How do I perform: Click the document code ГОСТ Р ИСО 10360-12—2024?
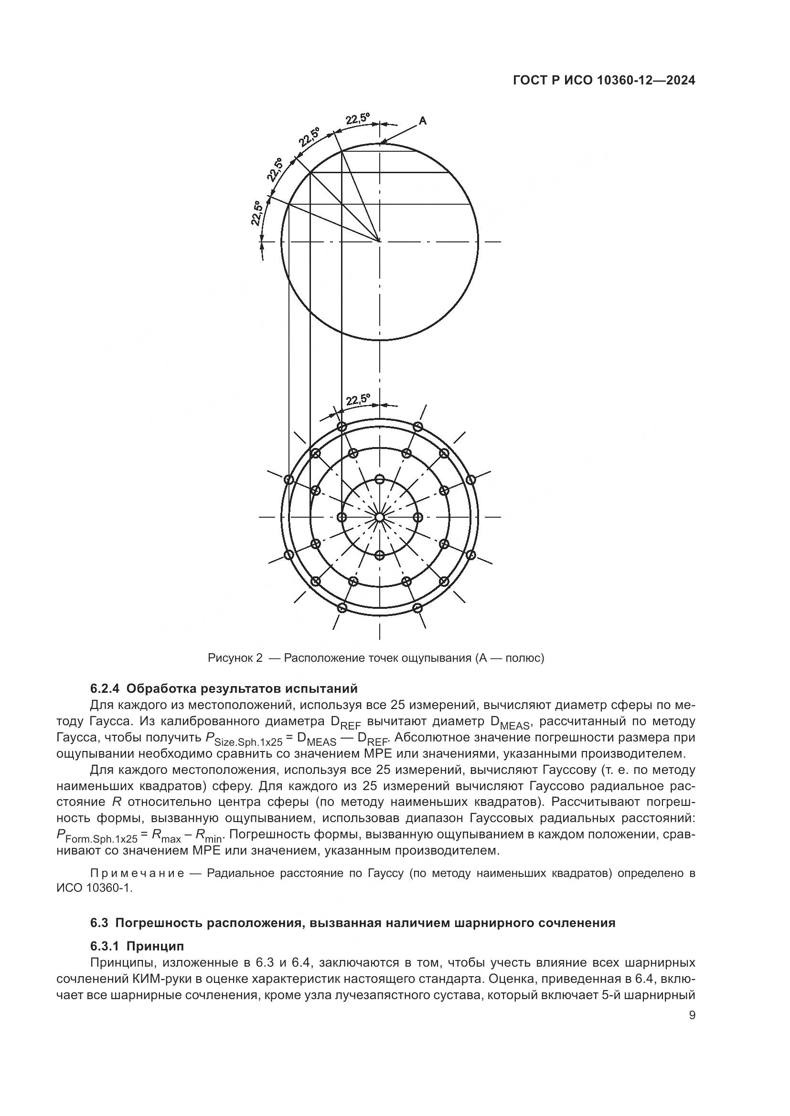tap(604, 81)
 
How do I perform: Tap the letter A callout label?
tap(423, 121)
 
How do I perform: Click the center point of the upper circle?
tap(380, 241)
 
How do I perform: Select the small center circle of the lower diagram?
tap(380, 517)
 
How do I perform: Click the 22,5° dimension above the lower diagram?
tap(358, 400)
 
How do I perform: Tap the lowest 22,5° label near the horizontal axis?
tap(257, 213)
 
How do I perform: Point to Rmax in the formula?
tap(166, 835)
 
